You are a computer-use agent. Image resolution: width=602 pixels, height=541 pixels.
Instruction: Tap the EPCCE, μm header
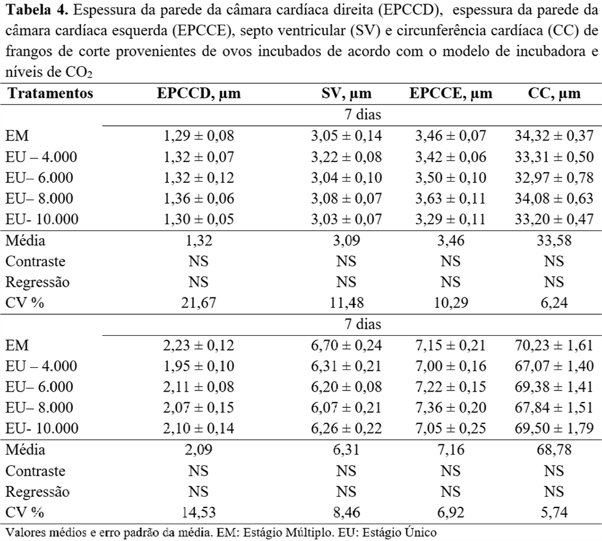tap(451, 94)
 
